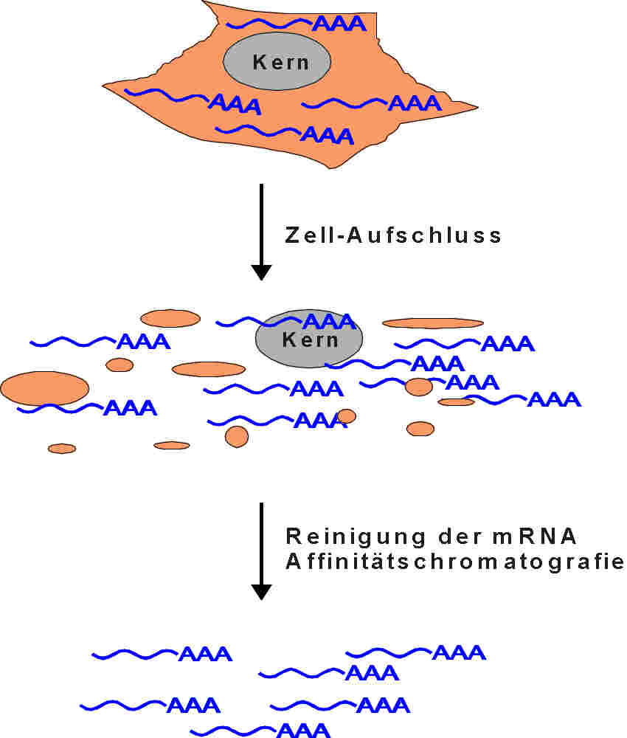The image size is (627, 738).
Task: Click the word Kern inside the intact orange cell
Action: pos(281,62)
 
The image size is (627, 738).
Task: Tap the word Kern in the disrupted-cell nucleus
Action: pos(310,340)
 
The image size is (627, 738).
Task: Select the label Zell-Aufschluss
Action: pos(393,235)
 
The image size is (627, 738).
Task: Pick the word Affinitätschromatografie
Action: pos(454,562)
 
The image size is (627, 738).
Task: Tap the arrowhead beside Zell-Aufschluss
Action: pos(261,271)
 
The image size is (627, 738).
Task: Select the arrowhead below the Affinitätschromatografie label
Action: pos(261,590)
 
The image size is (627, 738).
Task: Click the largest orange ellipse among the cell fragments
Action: pos(45,388)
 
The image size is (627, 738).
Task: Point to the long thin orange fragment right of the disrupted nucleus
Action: pos(433,323)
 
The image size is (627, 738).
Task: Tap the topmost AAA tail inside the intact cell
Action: pos(339,24)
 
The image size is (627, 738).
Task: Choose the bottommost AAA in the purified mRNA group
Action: pos(303,731)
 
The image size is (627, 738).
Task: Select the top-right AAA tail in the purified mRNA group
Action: pos(459,652)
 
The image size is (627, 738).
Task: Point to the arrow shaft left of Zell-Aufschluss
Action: pos(261,221)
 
